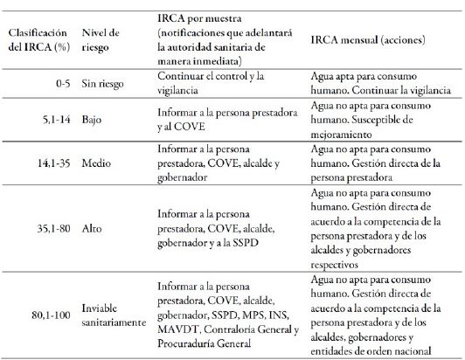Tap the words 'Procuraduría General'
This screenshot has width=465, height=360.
(x=205, y=343)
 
